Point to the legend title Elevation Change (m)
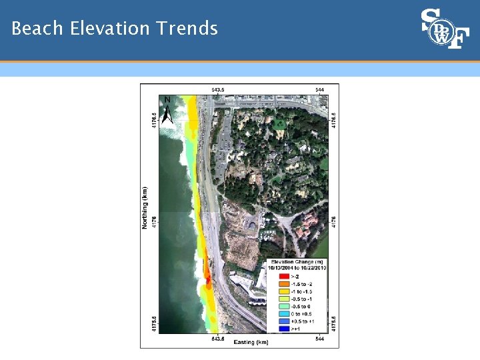tap(299, 261)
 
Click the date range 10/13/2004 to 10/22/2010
tap(299, 267)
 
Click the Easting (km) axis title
tap(251, 342)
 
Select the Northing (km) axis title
tap(145, 207)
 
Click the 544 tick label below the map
tap(320, 339)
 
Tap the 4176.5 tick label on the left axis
tap(155, 110)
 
